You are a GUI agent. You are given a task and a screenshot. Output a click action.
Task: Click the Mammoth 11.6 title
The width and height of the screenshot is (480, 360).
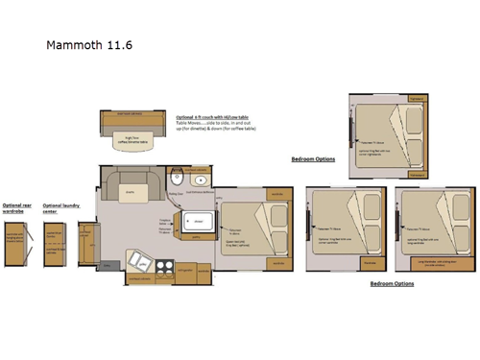(85, 44)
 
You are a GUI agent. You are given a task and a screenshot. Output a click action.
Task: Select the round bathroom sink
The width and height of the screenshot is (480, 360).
(202, 180)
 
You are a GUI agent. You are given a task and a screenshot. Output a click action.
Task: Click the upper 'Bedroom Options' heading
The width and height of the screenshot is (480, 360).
(313, 158)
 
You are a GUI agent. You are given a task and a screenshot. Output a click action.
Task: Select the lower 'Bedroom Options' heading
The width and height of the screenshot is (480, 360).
(392, 284)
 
